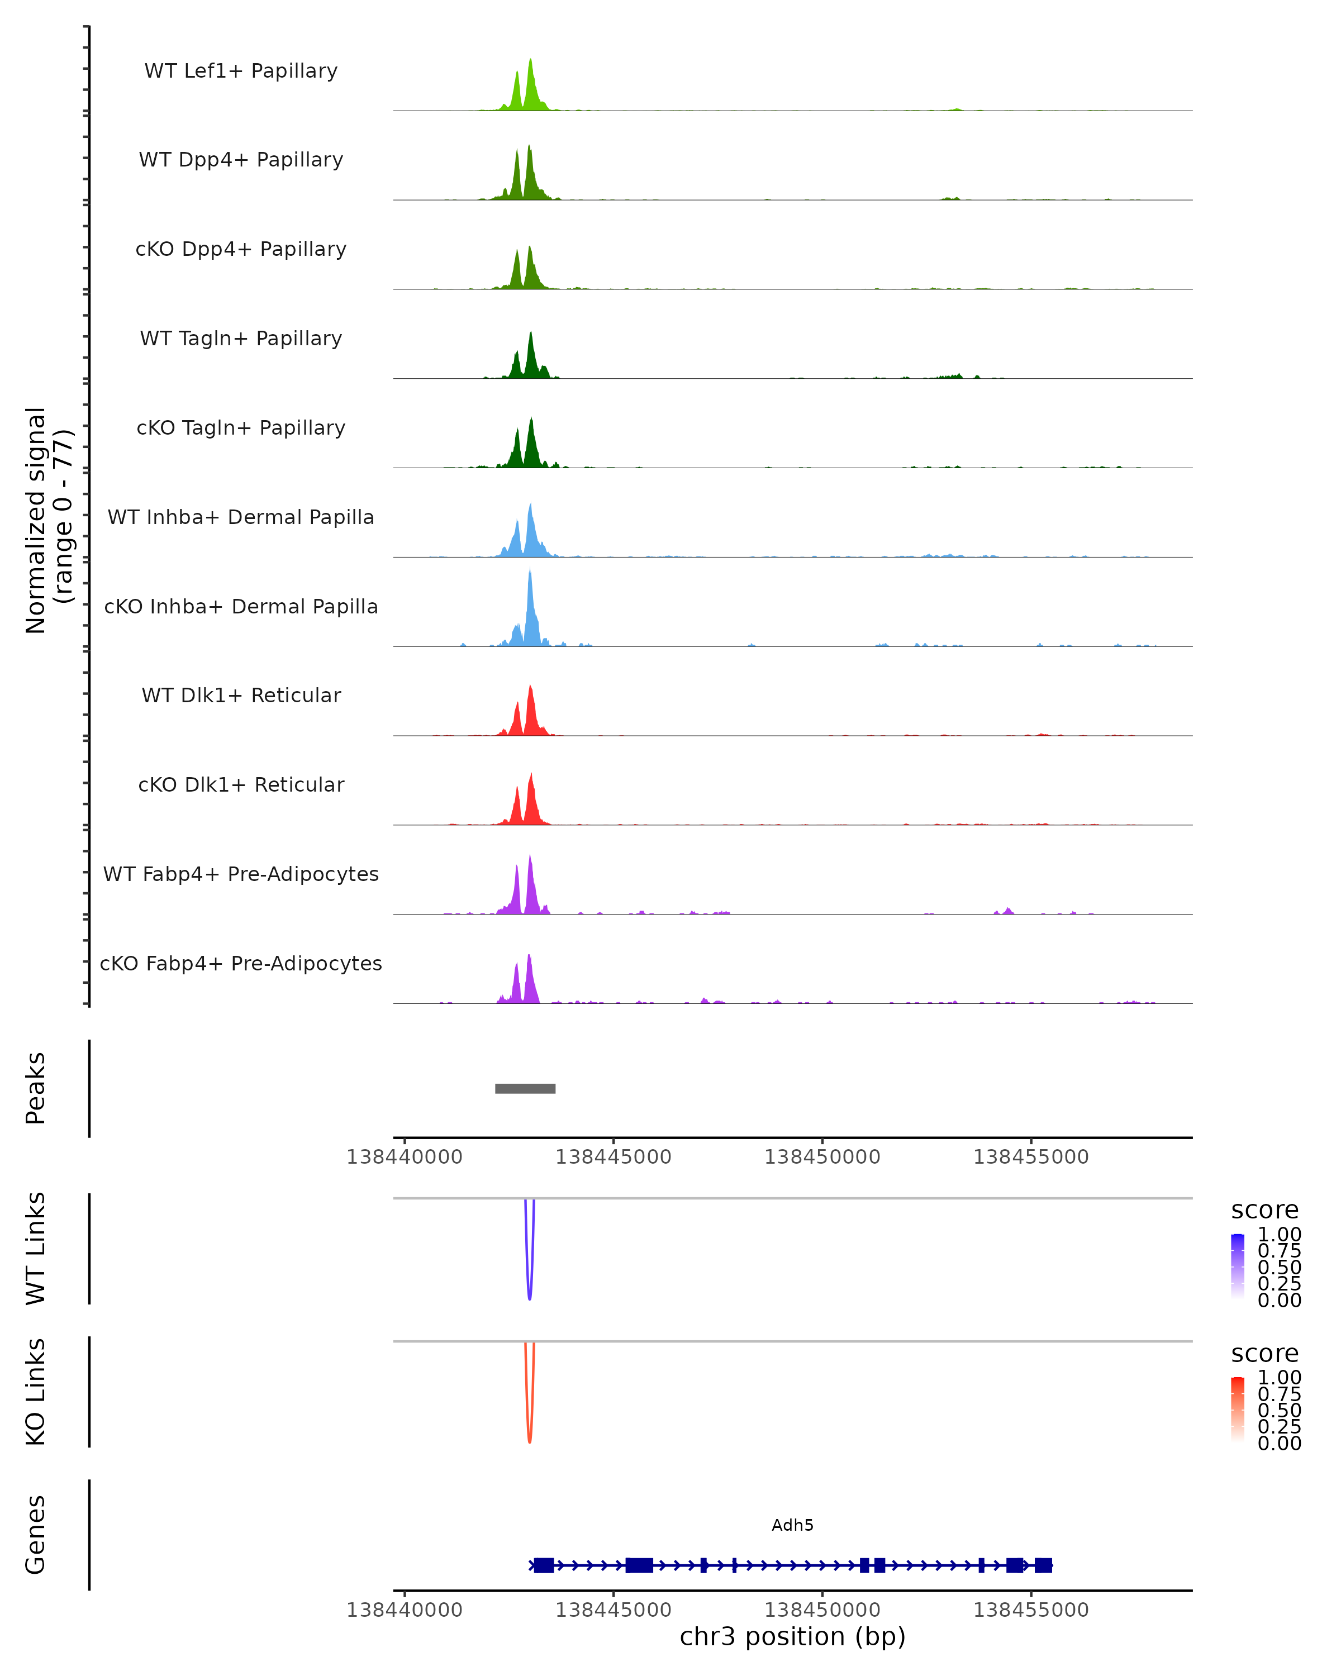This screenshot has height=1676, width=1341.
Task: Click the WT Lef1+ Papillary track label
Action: point(241,71)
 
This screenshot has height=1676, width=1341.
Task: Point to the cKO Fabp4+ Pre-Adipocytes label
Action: point(241,963)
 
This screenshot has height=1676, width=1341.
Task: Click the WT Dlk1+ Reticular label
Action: point(241,695)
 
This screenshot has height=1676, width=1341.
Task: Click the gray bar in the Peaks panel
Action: point(526,1088)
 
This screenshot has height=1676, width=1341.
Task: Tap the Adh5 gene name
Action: point(792,1525)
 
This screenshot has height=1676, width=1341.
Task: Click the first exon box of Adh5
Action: point(544,1565)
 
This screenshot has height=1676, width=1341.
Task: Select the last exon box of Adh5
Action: point(1043,1565)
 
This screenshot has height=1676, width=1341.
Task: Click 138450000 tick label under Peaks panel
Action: point(822,1157)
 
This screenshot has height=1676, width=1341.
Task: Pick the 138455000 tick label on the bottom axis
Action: point(1031,1610)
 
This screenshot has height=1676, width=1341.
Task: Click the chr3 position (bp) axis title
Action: point(792,1637)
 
